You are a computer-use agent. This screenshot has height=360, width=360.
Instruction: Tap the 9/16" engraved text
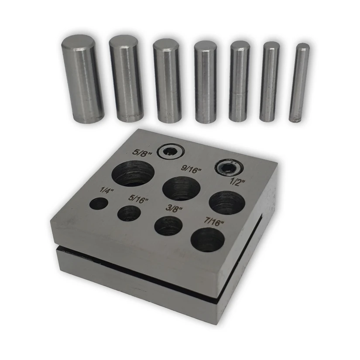(191, 169)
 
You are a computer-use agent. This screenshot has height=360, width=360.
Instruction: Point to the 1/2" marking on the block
(237, 182)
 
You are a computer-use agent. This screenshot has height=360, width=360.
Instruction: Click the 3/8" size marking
(174, 209)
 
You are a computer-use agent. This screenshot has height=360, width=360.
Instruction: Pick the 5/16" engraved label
(138, 199)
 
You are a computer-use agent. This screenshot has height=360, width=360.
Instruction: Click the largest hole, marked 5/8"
(133, 174)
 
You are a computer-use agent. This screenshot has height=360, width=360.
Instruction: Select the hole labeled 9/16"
(182, 189)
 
